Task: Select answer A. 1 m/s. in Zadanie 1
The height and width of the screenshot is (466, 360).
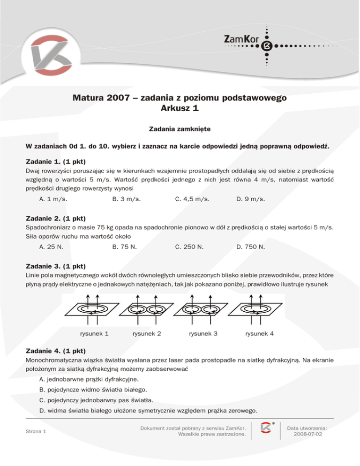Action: (53, 199)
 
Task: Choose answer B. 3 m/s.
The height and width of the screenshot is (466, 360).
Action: (127, 199)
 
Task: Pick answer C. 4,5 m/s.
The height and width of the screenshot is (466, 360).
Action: (192, 199)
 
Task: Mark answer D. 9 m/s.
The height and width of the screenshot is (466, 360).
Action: (251, 199)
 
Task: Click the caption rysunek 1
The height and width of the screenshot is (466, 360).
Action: (94, 334)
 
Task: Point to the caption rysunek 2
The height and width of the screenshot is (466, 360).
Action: (147, 334)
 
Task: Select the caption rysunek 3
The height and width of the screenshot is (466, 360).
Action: (203, 334)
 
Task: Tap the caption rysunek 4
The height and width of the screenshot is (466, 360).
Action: (259, 334)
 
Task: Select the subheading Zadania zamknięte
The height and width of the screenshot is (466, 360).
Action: (180, 128)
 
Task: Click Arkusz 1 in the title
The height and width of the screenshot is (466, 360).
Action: (180, 108)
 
